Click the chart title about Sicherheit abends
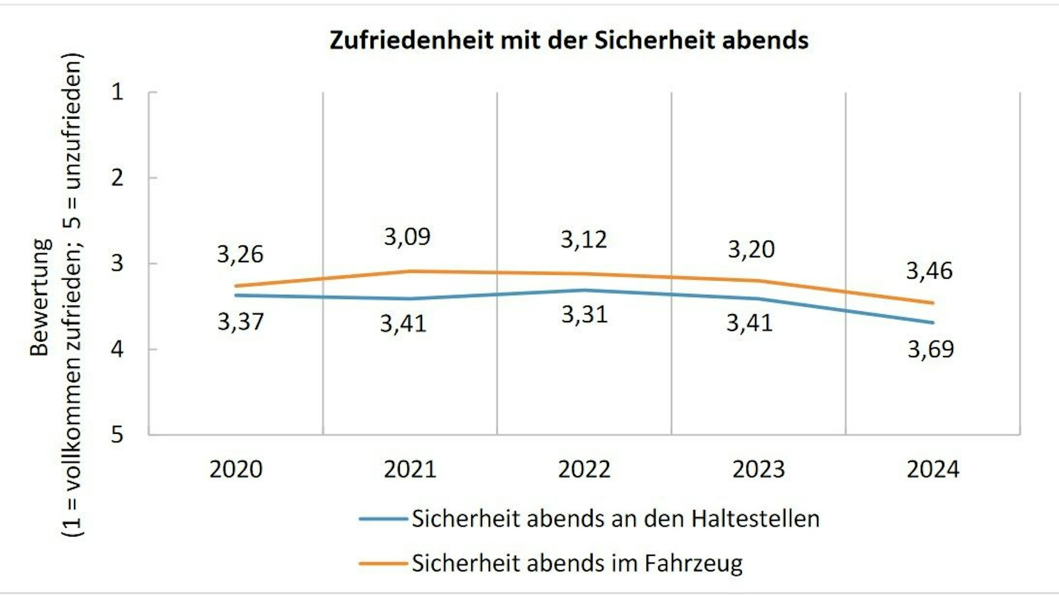tap(569, 40)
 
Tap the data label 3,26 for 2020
tap(240, 254)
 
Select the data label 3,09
tap(407, 236)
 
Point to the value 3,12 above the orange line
tap(584, 239)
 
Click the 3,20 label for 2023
tap(751, 249)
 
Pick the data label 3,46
tap(929, 271)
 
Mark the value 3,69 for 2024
tap(930, 349)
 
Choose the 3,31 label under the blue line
tap(584, 315)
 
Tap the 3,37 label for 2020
tap(240, 322)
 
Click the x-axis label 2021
tap(410, 469)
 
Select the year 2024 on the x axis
tap(932, 469)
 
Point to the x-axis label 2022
tap(584, 469)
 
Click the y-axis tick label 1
tap(117, 92)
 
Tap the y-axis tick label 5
tap(117, 435)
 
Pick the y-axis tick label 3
tap(117, 263)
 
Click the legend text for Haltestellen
tap(615, 519)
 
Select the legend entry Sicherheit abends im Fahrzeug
tap(577, 563)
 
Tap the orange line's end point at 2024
tap(932, 303)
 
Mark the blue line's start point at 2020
tap(236, 295)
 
